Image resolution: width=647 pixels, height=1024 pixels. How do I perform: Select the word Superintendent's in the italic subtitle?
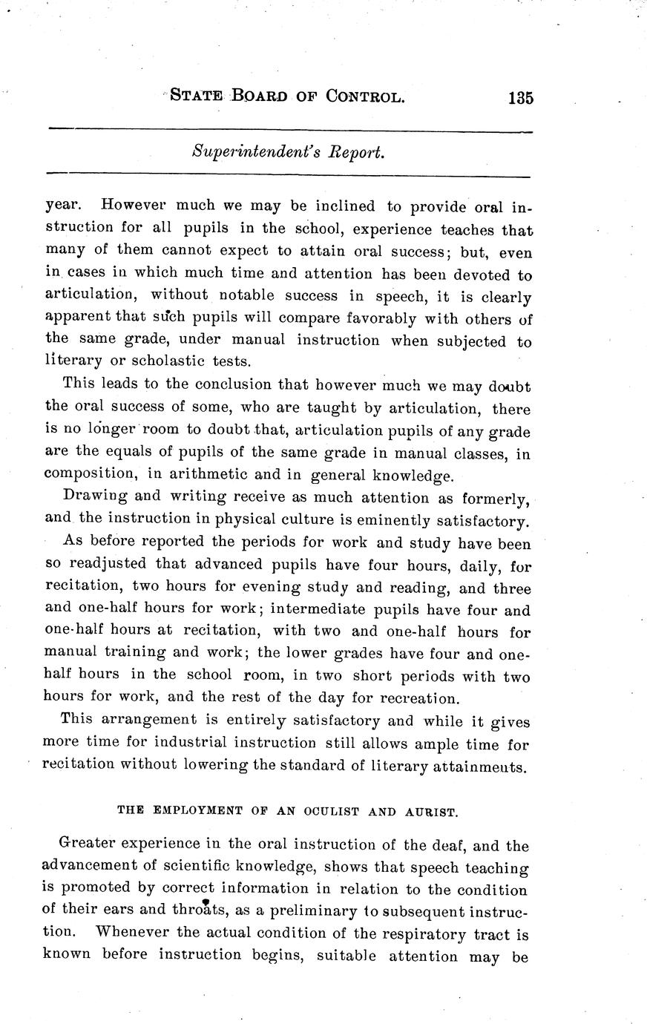point(240,152)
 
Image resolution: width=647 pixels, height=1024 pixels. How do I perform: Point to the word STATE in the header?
point(197,96)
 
